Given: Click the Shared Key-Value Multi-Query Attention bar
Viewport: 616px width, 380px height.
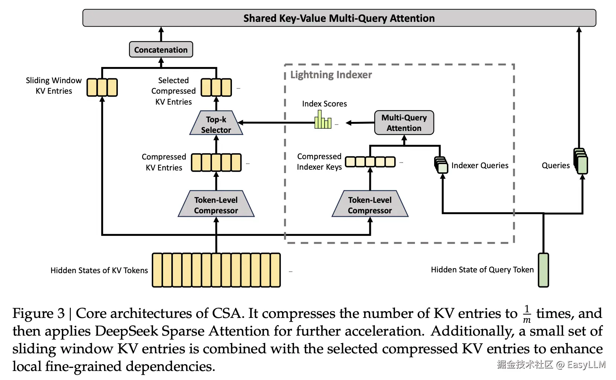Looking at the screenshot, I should click(339, 18).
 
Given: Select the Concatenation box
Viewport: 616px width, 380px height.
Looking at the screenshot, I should click(161, 50).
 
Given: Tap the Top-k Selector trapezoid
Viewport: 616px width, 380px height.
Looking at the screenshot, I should click(216, 124).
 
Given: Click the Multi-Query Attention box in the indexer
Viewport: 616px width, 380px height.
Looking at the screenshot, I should click(404, 123).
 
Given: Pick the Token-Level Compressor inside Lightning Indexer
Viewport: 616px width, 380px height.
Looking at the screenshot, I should click(370, 205).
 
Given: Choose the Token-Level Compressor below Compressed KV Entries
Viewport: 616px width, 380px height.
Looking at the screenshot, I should click(216, 205).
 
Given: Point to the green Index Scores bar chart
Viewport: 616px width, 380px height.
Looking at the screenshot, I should click(323, 121).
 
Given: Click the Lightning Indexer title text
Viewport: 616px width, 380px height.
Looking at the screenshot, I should click(331, 75).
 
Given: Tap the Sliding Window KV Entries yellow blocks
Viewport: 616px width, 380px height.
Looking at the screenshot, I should click(102, 88).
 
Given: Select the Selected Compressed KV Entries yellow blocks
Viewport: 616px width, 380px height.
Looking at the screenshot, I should click(216, 88).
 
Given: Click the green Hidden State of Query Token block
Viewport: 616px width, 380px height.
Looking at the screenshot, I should click(543, 270).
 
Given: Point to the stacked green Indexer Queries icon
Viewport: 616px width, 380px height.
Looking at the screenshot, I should click(441, 165).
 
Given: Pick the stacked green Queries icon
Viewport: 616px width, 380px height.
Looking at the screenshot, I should click(581, 161).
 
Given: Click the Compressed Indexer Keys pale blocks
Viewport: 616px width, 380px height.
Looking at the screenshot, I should click(370, 162).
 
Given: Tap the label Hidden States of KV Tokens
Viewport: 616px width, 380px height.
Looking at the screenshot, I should click(99, 271).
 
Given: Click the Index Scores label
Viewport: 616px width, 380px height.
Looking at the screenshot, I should click(324, 104).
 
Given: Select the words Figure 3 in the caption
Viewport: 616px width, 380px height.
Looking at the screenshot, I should click(38, 313).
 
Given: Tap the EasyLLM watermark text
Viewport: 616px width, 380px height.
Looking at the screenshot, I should click(586, 365).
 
